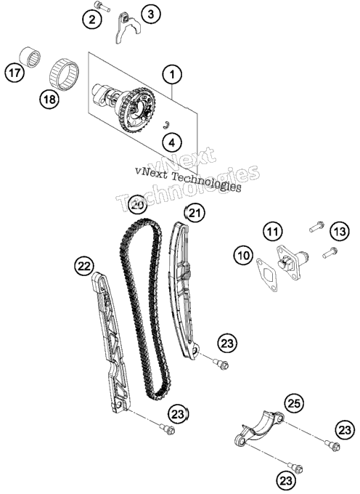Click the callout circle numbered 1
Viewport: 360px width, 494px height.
[172, 75]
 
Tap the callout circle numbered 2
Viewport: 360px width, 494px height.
[92, 20]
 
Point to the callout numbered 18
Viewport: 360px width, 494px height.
[49, 100]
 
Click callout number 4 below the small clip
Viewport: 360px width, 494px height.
[172, 142]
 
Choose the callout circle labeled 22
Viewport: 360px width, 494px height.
[84, 267]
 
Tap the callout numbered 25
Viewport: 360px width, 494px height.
[294, 404]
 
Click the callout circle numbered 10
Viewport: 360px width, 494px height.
[243, 254]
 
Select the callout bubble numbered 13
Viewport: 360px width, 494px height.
[340, 232]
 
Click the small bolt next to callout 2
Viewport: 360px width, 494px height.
[102, 7]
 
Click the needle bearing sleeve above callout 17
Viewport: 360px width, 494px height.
[30, 57]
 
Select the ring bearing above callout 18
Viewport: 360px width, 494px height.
[64, 73]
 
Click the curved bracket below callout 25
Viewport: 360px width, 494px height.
[259, 429]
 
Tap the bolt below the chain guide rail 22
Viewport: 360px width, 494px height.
[167, 429]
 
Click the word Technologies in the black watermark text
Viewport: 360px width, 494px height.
[206, 182]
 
